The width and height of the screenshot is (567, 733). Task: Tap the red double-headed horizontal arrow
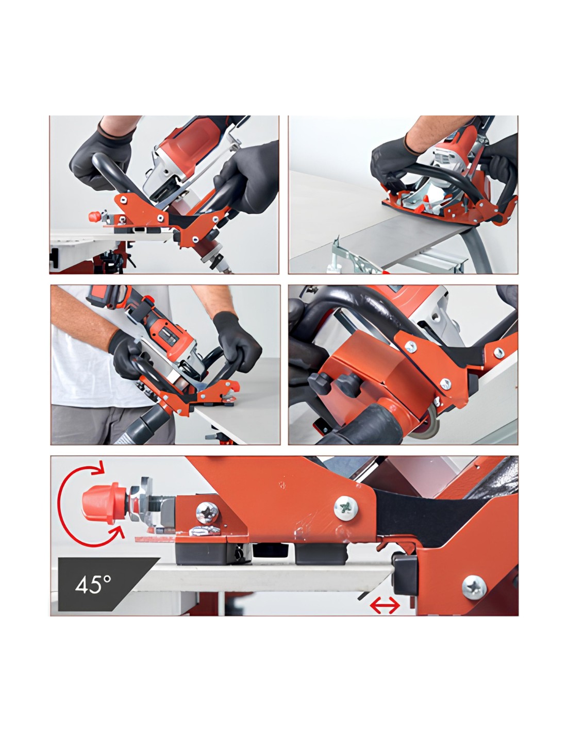385,606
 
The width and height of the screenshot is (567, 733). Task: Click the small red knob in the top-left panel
95,216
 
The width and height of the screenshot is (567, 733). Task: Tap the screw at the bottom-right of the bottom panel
474,588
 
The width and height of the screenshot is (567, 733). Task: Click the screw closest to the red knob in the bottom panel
207,513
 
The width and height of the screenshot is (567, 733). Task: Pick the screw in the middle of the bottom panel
346,508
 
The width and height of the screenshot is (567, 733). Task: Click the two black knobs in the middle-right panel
334,384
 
